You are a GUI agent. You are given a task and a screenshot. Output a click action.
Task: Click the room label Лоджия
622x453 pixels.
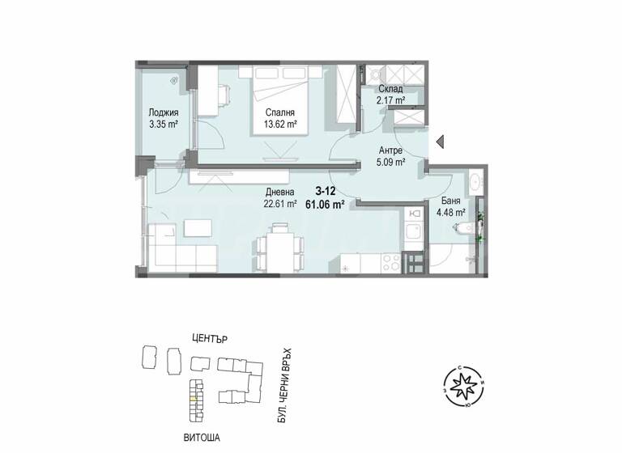pyautogui.click(x=163, y=113)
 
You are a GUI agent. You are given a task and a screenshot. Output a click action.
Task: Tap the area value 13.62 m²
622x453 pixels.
pyautogui.click(x=279, y=125)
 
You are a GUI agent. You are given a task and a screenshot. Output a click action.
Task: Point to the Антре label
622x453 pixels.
pyautogui.click(x=392, y=150)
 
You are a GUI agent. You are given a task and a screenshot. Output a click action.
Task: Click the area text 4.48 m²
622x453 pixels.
pyautogui.click(x=449, y=214)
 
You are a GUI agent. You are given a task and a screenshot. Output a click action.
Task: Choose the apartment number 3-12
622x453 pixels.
pyautogui.click(x=326, y=192)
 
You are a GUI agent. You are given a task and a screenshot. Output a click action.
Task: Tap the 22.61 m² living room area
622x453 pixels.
pyautogui.click(x=280, y=204)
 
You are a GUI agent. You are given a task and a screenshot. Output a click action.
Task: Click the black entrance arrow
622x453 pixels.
pyautogui.click(x=441, y=142)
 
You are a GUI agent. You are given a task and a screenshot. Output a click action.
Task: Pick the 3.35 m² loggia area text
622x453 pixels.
pyautogui.click(x=163, y=125)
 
